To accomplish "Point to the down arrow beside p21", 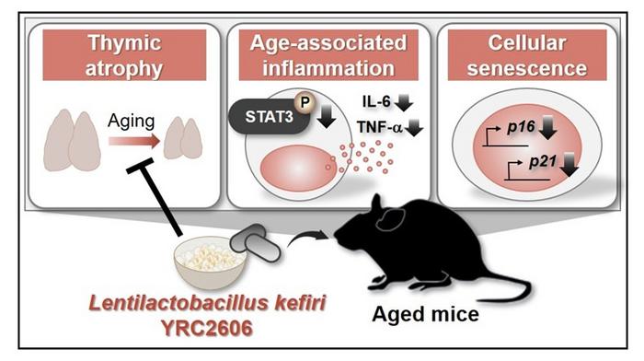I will click(579, 166).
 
